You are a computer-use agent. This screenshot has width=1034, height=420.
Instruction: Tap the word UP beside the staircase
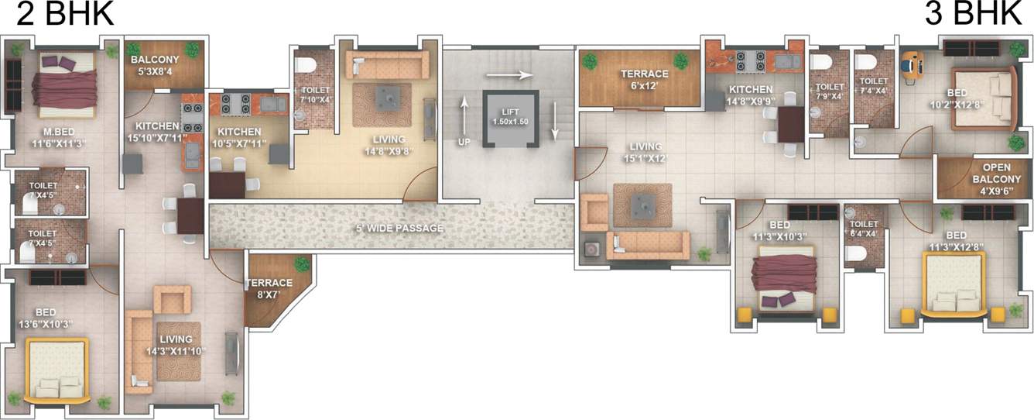(x=464, y=142)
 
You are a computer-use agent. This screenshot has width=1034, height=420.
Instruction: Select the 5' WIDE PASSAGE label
(x=399, y=228)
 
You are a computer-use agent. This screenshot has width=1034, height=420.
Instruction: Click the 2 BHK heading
(x=65, y=15)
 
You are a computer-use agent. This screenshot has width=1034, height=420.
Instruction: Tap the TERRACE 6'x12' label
(x=644, y=79)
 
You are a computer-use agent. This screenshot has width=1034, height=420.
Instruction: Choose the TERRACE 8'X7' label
(x=269, y=288)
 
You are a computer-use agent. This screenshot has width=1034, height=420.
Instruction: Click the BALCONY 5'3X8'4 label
(x=155, y=65)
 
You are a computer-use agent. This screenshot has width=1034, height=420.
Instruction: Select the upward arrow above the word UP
(x=464, y=115)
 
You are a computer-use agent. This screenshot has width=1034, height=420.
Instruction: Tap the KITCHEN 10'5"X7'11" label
(x=239, y=137)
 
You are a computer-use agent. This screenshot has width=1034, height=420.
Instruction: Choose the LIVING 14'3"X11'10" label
(x=176, y=345)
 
